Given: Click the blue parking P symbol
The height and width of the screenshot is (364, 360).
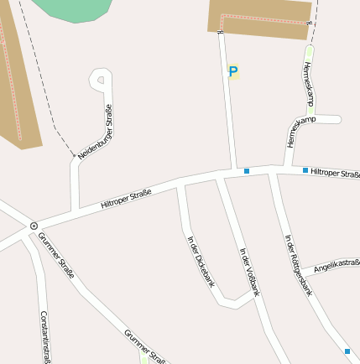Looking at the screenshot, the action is (233, 72).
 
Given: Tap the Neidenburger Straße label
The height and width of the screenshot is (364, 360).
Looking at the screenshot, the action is (96, 132).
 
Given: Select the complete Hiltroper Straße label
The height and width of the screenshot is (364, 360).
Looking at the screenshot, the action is (126, 199).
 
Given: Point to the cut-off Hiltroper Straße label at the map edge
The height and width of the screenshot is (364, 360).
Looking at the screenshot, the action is (334, 173).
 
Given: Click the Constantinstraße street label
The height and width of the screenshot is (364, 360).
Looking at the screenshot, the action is (45, 336).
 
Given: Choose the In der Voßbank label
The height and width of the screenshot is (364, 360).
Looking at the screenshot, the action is (250, 272).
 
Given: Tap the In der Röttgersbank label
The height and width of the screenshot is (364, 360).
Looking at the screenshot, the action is (298, 265).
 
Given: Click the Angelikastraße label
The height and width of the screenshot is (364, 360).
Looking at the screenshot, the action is (336, 267).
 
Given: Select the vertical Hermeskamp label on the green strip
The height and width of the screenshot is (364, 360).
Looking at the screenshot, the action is (307, 84).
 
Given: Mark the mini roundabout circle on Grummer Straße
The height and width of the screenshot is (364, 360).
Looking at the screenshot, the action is (34, 226).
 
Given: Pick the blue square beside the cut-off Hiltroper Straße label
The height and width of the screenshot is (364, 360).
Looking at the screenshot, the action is (305, 170).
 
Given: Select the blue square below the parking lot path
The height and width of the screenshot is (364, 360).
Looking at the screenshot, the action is (247, 171).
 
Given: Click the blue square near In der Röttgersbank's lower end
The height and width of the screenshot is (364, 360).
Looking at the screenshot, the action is (347, 351).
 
